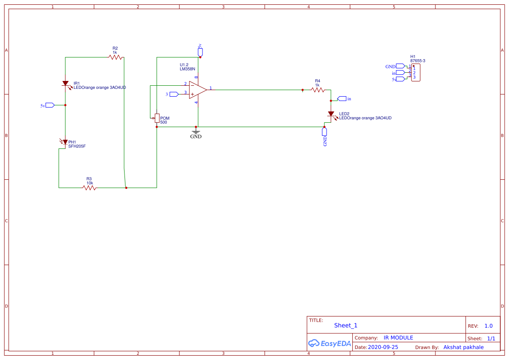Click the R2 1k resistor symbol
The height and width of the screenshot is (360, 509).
[115, 57]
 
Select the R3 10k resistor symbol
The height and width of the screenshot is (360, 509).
[89, 188]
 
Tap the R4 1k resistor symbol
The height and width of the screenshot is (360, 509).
[318, 90]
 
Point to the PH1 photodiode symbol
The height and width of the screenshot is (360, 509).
[65, 142]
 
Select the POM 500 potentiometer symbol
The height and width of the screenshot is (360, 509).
[157, 118]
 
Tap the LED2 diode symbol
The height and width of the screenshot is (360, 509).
[331, 114]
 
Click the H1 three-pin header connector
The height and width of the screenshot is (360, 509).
[415, 73]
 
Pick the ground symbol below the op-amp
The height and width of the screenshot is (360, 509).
[196, 131]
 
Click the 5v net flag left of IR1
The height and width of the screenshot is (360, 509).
[49, 105]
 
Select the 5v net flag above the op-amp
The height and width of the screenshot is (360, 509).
[200, 52]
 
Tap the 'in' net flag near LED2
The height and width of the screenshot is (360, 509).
[342, 99]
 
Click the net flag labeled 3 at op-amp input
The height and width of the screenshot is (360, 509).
[174, 94]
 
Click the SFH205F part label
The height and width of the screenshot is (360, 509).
[77, 147]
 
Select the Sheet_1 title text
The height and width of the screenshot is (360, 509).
[346, 325]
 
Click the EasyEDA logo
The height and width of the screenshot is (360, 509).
[330, 343]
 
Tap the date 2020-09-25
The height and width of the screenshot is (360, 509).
[383, 347]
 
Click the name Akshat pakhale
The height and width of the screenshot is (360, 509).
[463, 347]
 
